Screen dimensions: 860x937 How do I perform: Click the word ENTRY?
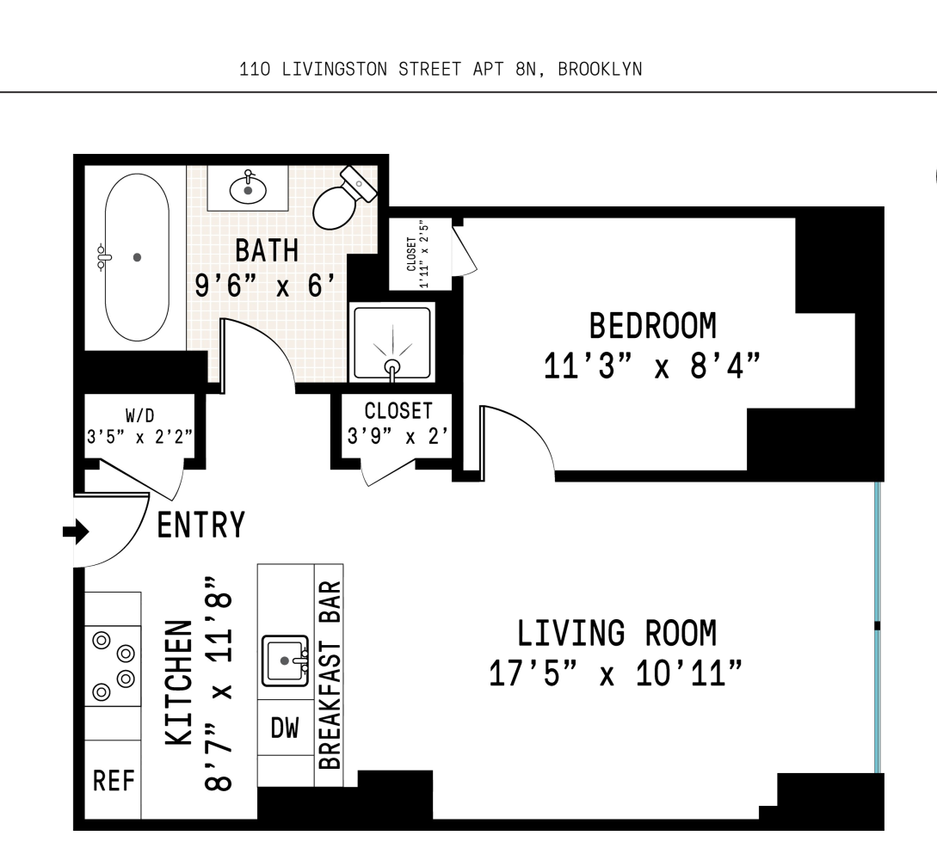pos(200,525)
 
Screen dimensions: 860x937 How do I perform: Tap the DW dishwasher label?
pos(285,729)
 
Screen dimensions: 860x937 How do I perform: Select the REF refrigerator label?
pos(114,782)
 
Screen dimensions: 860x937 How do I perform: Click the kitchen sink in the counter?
pos(285,660)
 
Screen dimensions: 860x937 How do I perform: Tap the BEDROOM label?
pos(652,327)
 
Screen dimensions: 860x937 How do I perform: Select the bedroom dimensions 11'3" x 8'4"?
pos(652,367)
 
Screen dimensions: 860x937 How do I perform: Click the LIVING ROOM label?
pos(616,633)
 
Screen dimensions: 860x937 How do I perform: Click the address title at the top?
pos(441,70)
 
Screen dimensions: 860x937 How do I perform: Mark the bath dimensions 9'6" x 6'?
pos(266,286)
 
